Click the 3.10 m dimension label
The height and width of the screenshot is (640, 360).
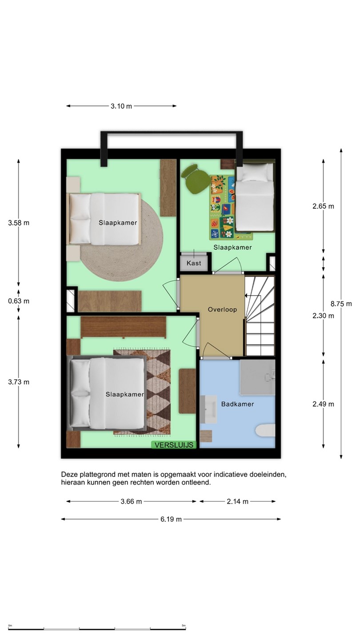[121, 106]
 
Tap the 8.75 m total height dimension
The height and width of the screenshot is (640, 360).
[341, 304]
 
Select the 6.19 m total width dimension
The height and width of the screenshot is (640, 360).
[171, 519]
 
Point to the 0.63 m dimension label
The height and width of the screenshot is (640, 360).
[19, 301]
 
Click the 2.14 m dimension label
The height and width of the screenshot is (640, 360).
[237, 501]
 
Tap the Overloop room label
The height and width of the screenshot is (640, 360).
[222, 309]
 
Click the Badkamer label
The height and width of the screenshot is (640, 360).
[237, 404]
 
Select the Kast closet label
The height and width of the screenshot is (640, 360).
[194, 263]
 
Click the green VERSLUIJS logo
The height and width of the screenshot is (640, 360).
[174, 445]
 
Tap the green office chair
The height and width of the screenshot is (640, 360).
[196, 179]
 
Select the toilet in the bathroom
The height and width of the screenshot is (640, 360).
[265, 431]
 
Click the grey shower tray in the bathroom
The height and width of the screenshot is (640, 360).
[257, 377]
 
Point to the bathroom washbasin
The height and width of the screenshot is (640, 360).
[208, 409]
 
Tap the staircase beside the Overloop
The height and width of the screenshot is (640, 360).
[260, 316]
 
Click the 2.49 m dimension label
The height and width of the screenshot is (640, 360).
[323, 404]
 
